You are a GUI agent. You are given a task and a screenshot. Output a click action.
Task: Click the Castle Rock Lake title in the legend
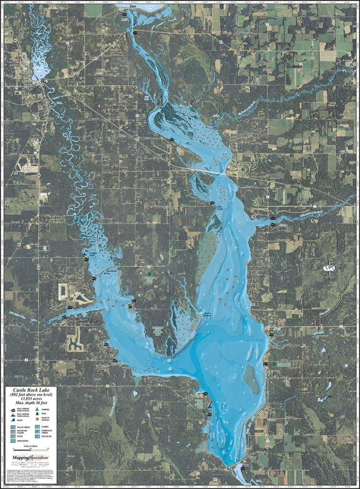31,390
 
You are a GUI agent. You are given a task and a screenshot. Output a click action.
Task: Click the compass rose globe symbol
328,268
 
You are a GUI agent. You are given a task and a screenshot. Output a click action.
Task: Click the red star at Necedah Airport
17,58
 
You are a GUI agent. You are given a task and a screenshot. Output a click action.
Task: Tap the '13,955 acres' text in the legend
31,399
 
